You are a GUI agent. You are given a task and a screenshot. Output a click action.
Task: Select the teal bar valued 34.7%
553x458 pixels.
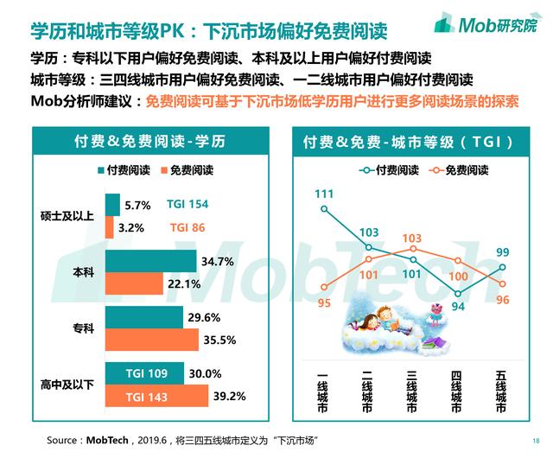click(x=150, y=261)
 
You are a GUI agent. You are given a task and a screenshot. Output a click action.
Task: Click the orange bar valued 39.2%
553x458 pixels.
click(x=156, y=397)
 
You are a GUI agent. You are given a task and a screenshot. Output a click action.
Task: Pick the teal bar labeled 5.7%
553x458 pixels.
click(x=112, y=205)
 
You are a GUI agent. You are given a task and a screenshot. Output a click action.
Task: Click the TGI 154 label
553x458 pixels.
click(x=189, y=205)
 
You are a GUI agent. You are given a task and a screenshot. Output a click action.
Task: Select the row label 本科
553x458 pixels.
click(x=81, y=272)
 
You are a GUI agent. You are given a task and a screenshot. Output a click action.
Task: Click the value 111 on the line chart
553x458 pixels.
click(x=325, y=193)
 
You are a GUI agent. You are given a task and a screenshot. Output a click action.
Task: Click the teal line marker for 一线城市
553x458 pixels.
click(x=325, y=208)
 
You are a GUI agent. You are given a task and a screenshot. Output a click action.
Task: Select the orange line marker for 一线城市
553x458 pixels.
click(x=325, y=287)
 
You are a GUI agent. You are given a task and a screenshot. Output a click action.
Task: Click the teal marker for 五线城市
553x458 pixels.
click(x=502, y=267)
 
